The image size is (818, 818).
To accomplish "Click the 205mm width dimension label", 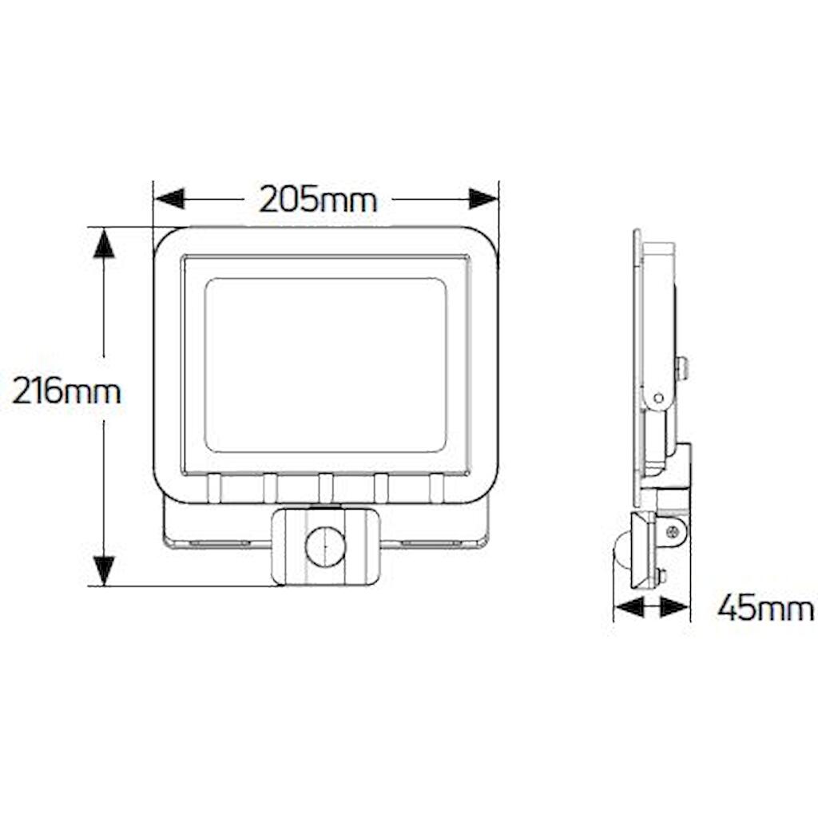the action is (x=318, y=199).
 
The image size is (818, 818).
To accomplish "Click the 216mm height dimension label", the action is (x=66, y=391).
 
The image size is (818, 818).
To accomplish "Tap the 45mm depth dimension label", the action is (x=765, y=609).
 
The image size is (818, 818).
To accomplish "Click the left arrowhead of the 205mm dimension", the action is (x=170, y=199).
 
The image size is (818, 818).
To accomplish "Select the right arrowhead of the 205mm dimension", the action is (x=483, y=199).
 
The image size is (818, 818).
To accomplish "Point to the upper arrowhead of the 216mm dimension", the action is (x=104, y=243).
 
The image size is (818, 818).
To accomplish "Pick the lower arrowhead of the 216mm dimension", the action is (x=104, y=571).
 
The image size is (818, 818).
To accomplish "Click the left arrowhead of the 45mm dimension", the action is (x=629, y=607).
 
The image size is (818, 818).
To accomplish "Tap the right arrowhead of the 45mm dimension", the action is (x=675, y=607).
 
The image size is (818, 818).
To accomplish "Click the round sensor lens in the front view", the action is (x=325, y=546).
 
